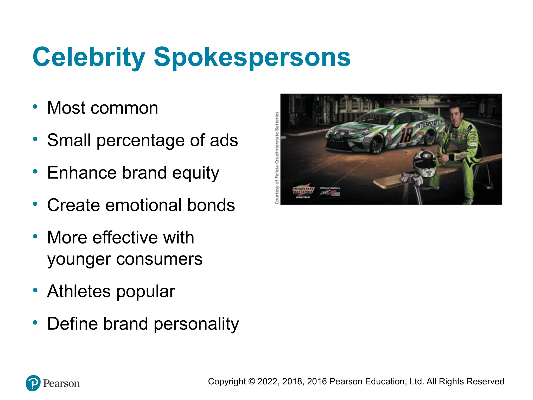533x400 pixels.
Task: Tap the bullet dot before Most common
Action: (35, 107)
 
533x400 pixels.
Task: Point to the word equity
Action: (196, 173)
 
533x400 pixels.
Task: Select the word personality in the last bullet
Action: (196, 324)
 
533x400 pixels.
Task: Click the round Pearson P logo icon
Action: (33, 383)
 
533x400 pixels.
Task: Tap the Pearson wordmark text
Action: (61, 384)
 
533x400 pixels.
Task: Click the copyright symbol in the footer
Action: (251, 382)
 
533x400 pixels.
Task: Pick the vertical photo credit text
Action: (277, 158)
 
